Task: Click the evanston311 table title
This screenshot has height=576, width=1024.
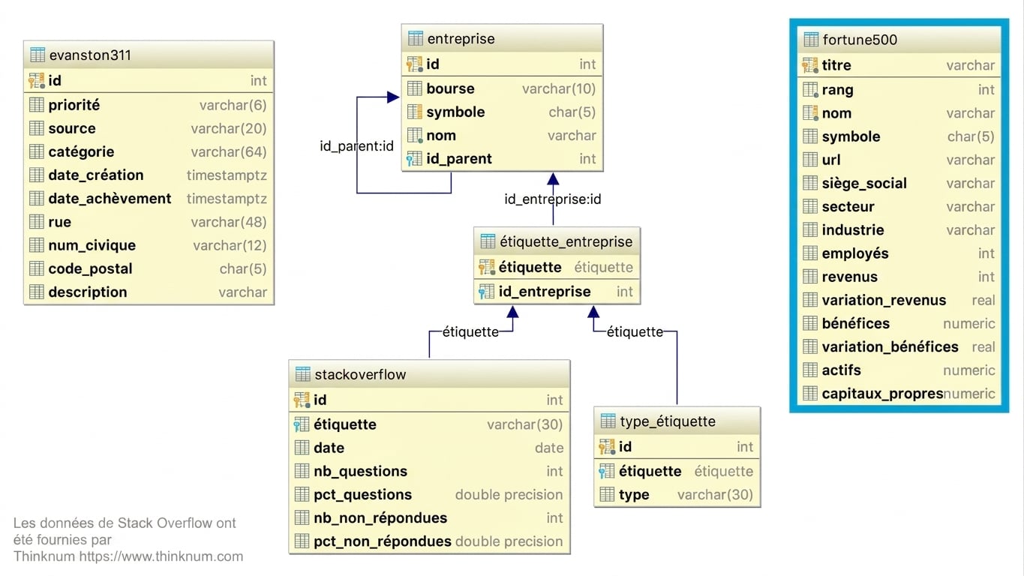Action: coord(90,55)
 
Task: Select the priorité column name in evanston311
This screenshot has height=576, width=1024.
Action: coord(74,105)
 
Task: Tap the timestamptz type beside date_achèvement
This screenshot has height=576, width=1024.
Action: coord(227,199)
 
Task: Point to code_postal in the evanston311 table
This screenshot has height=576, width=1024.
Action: coord(91,268)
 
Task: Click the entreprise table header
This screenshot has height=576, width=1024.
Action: coord(461,39)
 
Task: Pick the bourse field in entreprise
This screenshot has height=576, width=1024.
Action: coord(450,88)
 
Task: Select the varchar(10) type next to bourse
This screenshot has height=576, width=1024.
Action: coord(559,88)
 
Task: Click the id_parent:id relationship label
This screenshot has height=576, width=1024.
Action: coord(356,145)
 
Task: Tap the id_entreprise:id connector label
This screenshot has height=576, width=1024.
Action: coord(553,199)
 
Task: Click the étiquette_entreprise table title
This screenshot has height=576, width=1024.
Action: coord(566,241)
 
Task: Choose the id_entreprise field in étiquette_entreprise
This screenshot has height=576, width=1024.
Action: coord(545,292)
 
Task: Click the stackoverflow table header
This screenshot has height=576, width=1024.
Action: coord(360,375)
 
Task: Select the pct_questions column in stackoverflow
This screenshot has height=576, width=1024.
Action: coord(362,495)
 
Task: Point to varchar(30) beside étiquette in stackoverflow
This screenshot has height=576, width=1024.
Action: coord(525,424)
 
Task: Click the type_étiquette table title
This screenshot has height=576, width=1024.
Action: coord(668,421)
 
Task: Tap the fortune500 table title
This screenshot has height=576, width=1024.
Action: coord(860,40)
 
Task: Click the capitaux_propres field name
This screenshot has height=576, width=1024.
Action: coord(882,394)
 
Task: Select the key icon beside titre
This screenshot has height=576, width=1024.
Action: coord(809,65)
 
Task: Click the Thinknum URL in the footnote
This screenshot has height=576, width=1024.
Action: coord(161,556)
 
